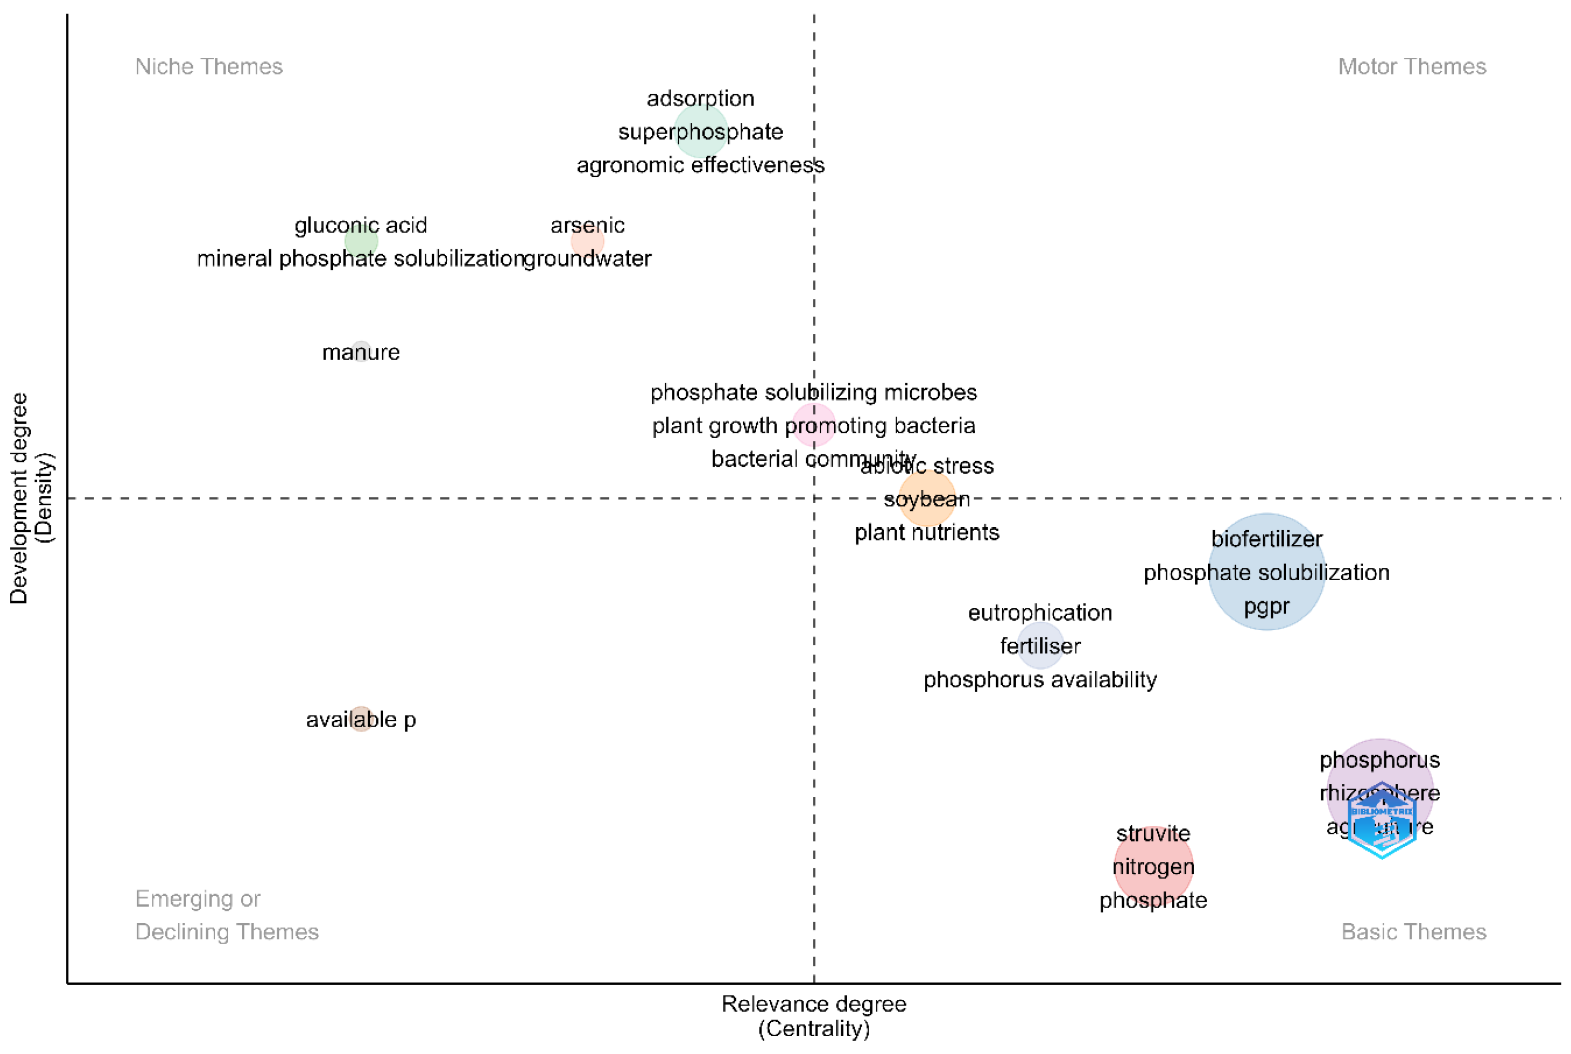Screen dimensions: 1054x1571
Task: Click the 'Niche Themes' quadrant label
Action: [209, 66]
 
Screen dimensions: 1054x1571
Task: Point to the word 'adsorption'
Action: [700, 99]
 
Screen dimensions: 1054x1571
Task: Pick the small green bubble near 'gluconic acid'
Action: [361, 241]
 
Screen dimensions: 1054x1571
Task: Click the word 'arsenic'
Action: [586, 225]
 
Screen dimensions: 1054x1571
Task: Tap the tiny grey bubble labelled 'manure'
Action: [361, 351]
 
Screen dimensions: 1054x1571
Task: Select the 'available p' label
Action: [361, 719]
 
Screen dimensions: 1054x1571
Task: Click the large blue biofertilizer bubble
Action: [1265, 572]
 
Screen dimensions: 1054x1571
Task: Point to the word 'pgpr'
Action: [1265, 606]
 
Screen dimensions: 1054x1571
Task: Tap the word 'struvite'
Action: [1152, 834]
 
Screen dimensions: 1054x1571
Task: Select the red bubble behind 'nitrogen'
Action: [1152, 867]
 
